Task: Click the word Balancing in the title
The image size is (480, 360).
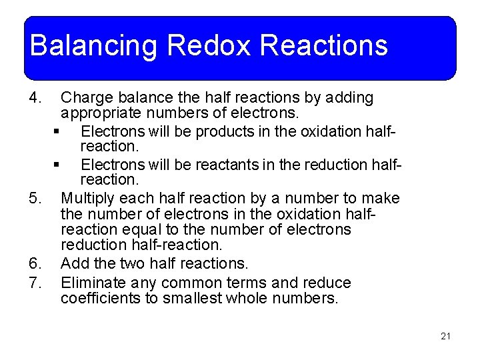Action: [x=93, y=46]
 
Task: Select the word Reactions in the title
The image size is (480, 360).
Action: [x=323, y=46]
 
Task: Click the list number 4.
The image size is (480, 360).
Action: [x=36, y=98]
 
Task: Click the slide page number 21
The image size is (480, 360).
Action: [x=445, y=336]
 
